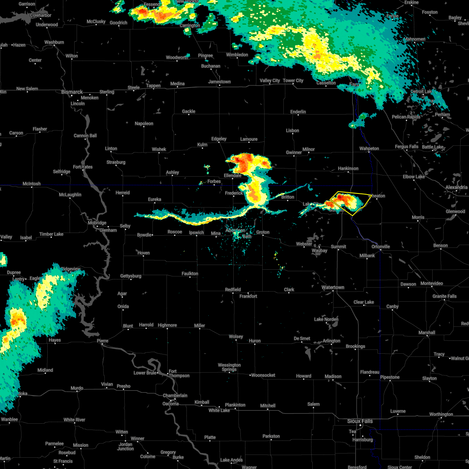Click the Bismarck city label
(72, 92)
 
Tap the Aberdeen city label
(235, 231)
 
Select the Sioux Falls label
(360, 421)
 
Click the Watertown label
(333, 288)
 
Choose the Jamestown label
(219, 82)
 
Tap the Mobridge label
(97, 223)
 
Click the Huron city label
(254, 341)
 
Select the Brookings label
(355, 346)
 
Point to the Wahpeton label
(369, 149)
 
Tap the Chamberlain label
(175, 396)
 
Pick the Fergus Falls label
(406, 147)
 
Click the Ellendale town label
(232, 175)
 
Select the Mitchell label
(268, 406)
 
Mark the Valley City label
(270, 81)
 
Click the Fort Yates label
(82, 167)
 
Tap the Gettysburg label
(131, 276)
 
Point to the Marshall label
(426, 333)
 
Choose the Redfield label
(233, 290)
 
